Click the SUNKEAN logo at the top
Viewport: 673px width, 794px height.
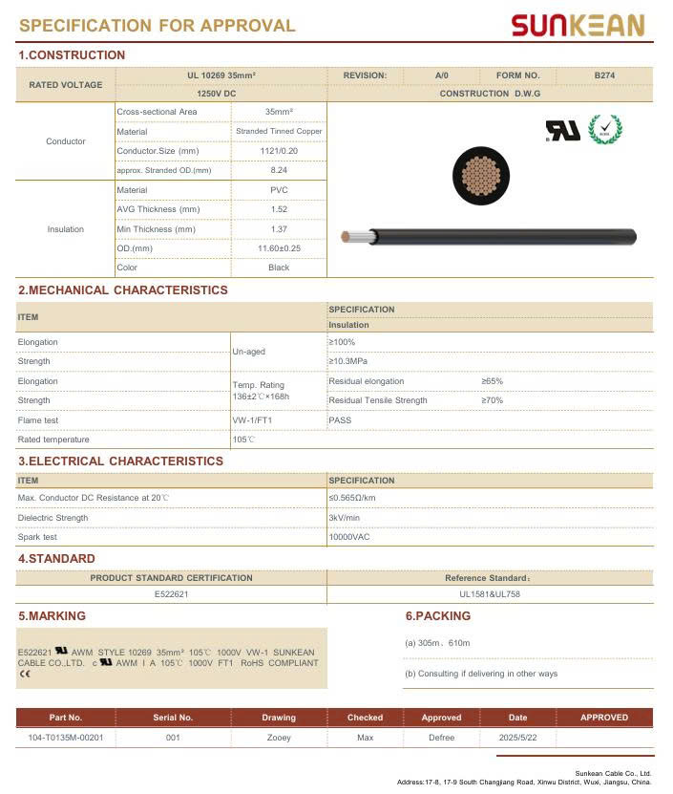(x=578, y=25)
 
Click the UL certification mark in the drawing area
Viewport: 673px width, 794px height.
(x=562, y=131)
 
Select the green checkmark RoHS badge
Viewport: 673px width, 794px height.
(x=604, y=129)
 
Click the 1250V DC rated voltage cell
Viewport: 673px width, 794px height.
(x=216, y=94)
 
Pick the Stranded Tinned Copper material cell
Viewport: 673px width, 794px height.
(x=279, y=132)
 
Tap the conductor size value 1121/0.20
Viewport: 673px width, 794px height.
(x=279, y=151)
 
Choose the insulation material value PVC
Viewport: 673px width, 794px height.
(x=279, y=190)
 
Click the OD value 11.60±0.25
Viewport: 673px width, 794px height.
(x=279, y=248)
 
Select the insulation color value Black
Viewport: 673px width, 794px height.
(x=279, y=268)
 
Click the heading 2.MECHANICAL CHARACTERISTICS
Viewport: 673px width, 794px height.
(x=123, y=290)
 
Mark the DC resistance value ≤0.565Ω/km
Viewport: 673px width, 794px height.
(x=352, y=498)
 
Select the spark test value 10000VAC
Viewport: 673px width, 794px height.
(x=349, y=537)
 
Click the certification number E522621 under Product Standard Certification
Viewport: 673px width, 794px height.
(x=172, y=594)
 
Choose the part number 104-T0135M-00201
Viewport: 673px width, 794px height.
(x=66, y=737)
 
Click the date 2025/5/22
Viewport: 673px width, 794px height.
(x=517, y=737)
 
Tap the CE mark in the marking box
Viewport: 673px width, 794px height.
(x=24, y=675)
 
